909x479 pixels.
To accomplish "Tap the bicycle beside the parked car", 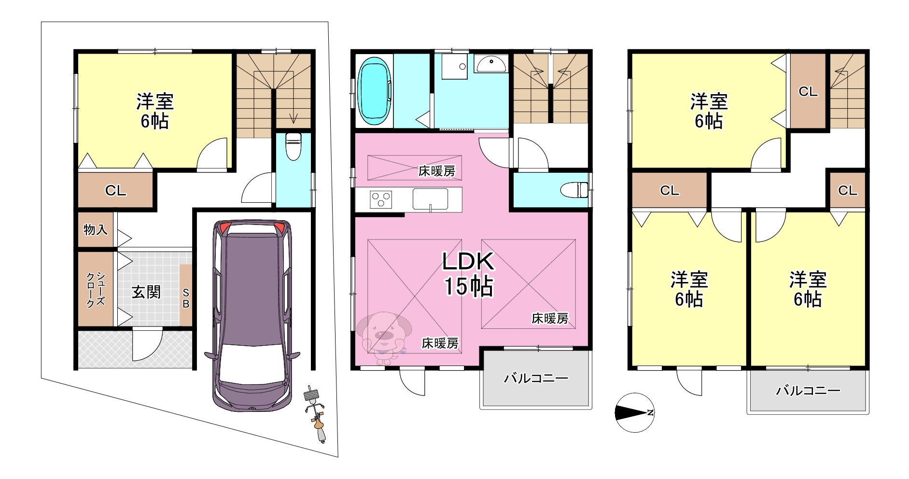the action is coord(315,414).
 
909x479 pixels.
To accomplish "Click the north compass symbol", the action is coord(634,412).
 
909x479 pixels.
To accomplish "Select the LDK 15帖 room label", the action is coord(468,273).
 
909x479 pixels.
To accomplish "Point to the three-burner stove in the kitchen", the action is coord(381,199).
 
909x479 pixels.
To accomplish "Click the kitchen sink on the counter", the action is coord(430,199).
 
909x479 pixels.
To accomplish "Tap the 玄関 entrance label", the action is coord(146,292).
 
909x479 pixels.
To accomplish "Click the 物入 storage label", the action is coord(96,229).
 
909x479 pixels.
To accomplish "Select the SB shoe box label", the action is coord(186,298).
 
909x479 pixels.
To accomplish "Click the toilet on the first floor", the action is coord(293,145).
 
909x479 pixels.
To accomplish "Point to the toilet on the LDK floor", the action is coord(574,190).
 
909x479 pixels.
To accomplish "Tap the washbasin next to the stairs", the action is coord(491,63).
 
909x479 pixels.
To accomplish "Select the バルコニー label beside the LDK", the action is coord(536,378).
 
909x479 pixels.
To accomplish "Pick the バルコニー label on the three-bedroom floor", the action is coord(808,390).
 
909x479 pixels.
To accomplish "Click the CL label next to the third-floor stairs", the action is coord(808,91).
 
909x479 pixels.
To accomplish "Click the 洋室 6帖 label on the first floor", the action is coord(154,111).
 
